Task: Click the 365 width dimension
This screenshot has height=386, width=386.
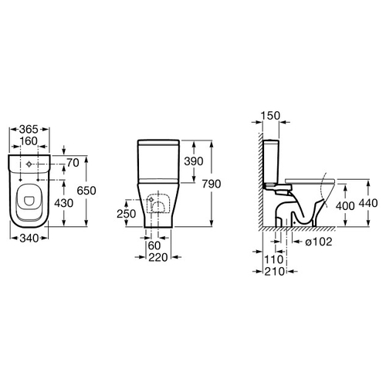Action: tap(29, 129)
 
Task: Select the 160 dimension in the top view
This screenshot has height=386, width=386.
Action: tap(29, 141)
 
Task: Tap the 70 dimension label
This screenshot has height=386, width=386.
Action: tap(73, 163)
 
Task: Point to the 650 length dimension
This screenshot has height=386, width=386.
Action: tap(86, 191)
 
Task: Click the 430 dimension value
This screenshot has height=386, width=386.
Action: tap(64, 203)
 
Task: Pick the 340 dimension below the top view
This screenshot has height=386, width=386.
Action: tap(29, 239)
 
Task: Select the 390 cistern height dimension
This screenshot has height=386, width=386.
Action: tap(194, 161)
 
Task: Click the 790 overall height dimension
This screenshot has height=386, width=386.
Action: tap(212, 184)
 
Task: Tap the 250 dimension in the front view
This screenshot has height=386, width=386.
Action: tap(127, 214)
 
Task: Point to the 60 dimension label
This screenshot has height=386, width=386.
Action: tap(154, 245)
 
